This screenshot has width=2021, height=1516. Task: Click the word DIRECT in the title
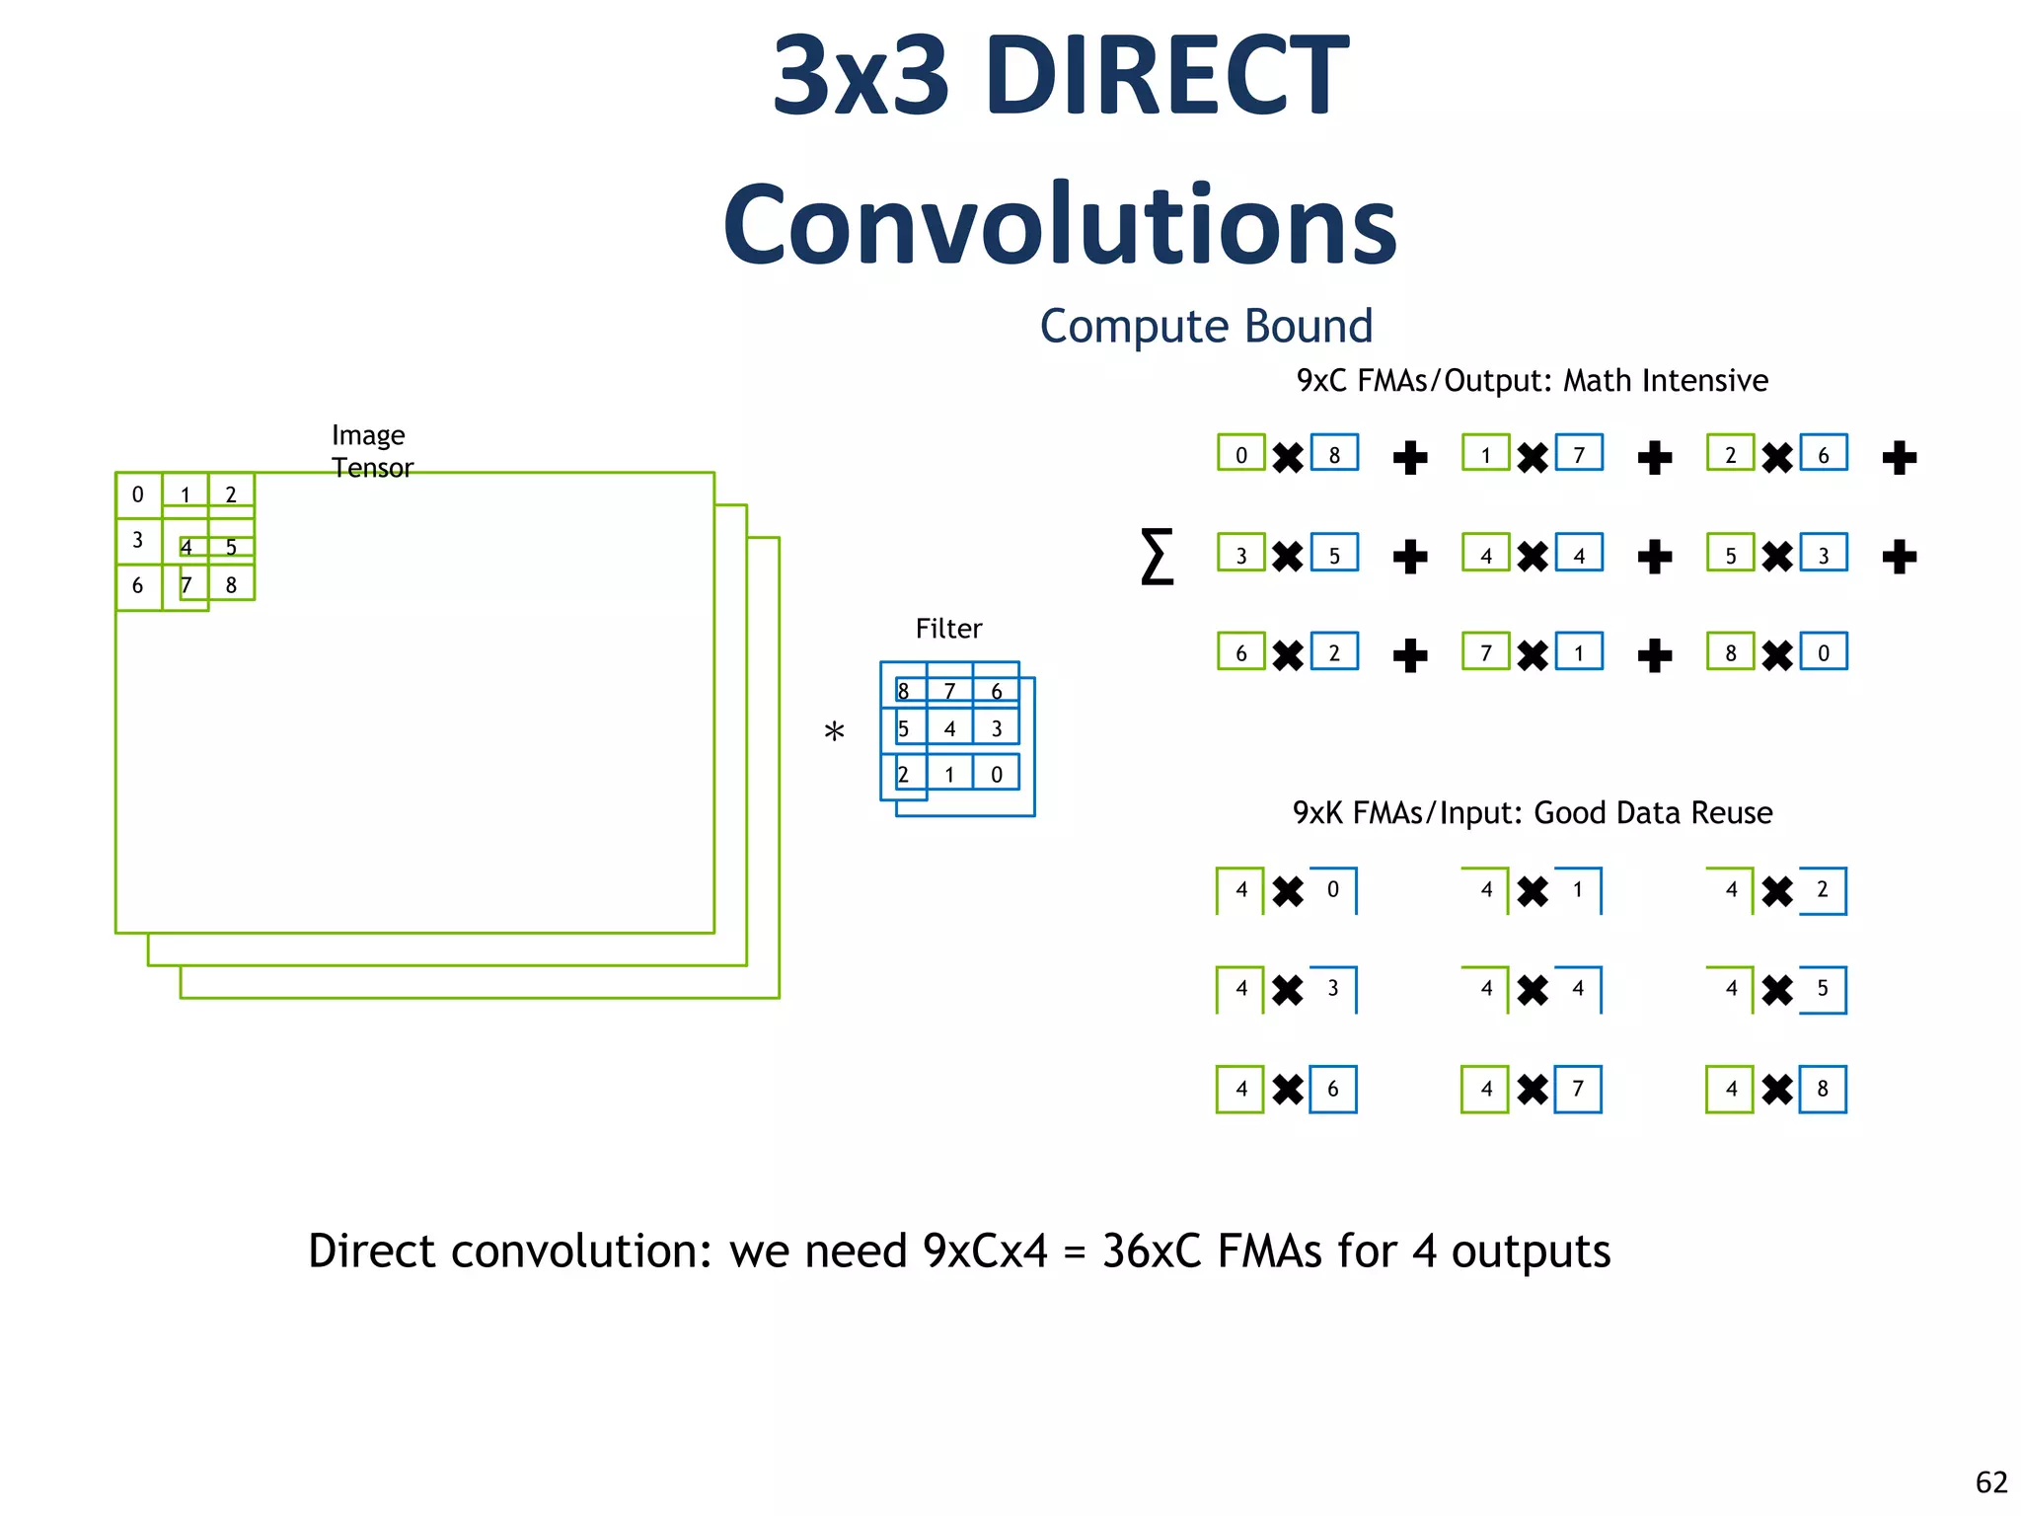(1166, 76)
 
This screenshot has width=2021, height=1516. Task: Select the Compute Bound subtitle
(1206, 327)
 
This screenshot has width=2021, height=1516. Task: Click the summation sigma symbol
(1157, 557)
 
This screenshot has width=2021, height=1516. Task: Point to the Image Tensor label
(371, 451)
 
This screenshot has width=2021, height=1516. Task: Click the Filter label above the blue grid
(948, 629)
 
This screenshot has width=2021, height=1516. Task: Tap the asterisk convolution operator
(834, 733)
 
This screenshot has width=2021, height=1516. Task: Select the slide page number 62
(1991, 1482)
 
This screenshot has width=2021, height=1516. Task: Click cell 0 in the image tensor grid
(138, 494)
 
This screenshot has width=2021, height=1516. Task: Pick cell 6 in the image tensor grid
(138, 585)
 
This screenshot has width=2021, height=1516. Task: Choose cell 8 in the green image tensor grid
(232, 585)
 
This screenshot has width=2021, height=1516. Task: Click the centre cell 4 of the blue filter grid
(949, 729)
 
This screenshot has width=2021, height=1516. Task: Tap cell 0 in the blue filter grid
(997, 775)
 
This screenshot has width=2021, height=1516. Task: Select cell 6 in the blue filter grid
(997, 691)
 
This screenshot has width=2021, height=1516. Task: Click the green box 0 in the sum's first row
(1241, 454)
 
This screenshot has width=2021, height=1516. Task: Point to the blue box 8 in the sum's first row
(1334, 454)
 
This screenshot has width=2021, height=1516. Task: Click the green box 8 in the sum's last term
(1730, 652)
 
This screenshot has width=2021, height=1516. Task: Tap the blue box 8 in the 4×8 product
(1823, 1089)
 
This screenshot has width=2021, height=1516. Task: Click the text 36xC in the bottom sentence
(1152, 1251)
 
